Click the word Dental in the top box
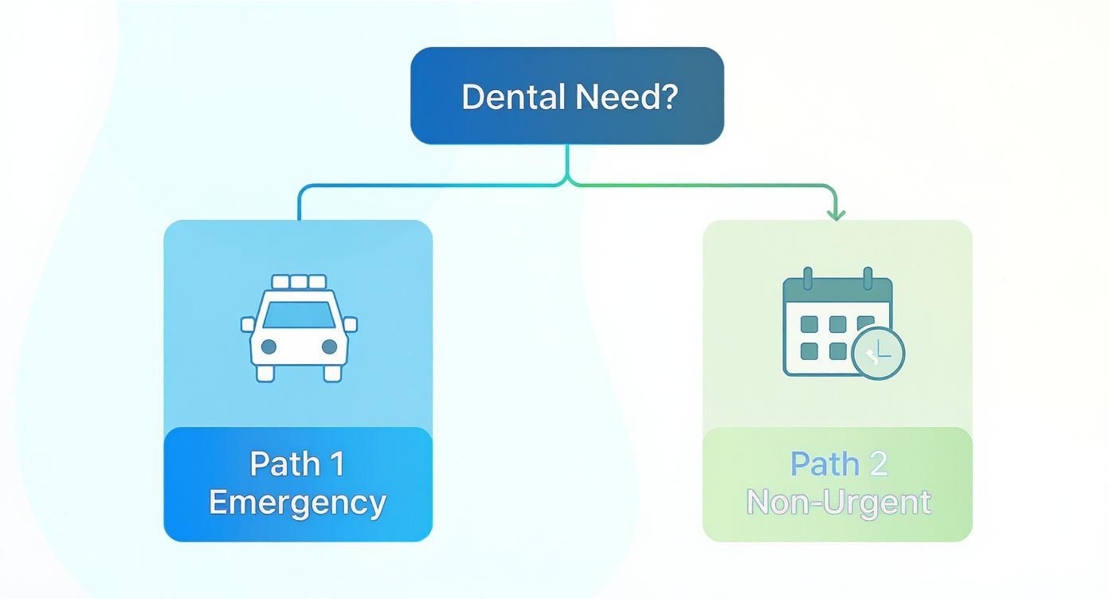(x=512, y=96)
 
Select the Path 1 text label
(x=297, y=464)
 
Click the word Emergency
(x=297, y=503)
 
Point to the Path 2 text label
(x=838, y=464)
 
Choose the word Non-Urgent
(x=838, y=503)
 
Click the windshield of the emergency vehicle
(x=299, y=315)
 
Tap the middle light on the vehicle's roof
(x=299, y=282)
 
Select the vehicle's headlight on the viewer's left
(x=268, y=346)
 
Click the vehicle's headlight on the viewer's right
(x=329, y=346)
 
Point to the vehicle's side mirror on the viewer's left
(x=248, y=324)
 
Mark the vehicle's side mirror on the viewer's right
(x=351, y=324)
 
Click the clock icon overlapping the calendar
(x=878, y=352)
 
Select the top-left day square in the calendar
(x=808, y=324)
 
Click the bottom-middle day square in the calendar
(x=837, y=351)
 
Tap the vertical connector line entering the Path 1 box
(x=299, y=206)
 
